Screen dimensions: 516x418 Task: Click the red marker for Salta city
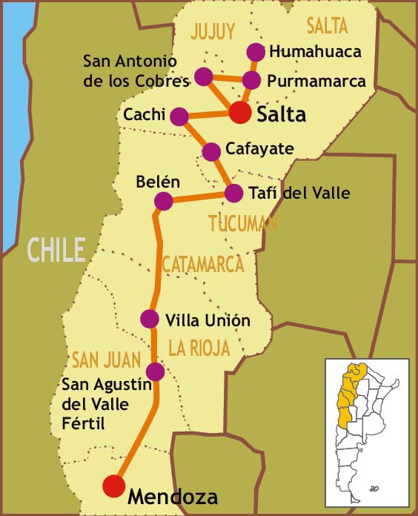(x=239, y=113)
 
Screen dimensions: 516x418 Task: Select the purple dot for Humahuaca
(x=256, y=51)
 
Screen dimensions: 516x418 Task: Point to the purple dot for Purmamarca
(x=251, y=80)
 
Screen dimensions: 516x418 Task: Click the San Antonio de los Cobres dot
(x=204, y=76)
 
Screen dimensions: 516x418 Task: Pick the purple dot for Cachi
(x=179, y=116)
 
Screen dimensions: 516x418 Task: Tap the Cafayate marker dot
(x=211, y=151)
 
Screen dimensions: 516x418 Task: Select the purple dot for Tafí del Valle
(x=233, y=193)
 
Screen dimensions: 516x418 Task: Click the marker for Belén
(x=163, y=201)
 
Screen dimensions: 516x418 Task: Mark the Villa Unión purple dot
(x=150, y=319)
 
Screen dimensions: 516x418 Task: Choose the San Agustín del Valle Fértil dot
(x=155, y=371)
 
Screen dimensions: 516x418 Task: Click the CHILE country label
(x=56, y=250)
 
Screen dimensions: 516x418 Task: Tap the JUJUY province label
(x=213, y=31)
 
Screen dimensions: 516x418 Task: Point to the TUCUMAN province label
(x=242, y=223)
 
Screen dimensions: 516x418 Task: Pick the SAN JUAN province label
(x=106, y=360)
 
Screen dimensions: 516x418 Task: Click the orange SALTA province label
(x=326, y=26)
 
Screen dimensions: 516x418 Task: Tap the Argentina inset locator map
(x=367, y=433)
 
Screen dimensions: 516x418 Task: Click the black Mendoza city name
(x=173, y=496)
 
